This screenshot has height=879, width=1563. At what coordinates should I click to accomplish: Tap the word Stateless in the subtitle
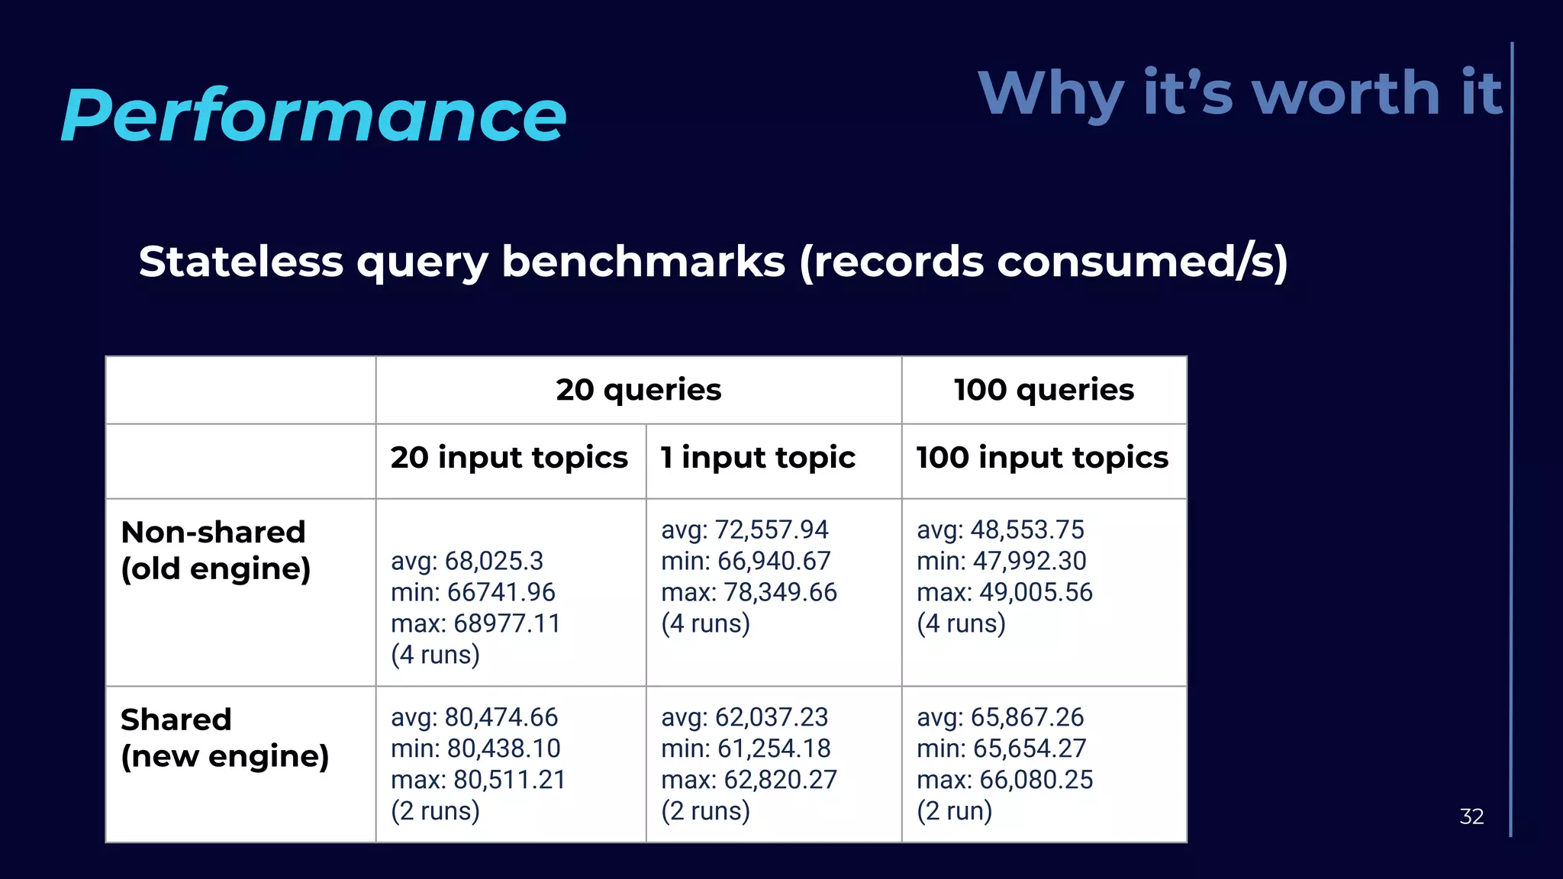tap(240, 262)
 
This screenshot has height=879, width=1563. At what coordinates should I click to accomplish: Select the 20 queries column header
tap(638, 390)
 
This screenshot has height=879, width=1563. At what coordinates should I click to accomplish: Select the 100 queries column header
tap(1043, 390)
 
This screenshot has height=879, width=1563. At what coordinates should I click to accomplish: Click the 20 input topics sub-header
tap(509, 458)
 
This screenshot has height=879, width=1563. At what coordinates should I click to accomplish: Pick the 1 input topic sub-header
tap(758, 458)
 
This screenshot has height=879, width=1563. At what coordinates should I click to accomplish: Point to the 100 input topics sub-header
tap(1042, 458)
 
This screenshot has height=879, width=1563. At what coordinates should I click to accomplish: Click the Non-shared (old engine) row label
tap(215, 550)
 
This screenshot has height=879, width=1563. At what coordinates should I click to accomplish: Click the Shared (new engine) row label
tap(224, 737)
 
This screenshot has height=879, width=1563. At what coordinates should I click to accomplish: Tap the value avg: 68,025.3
tap(466, 561)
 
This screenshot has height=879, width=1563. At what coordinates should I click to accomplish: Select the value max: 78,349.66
tap(749, 592)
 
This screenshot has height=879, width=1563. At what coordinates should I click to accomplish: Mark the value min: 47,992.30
tap(1001, 561)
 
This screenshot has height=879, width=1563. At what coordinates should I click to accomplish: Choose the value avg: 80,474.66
tap(474, 717)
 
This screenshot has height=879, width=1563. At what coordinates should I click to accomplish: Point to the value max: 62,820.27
tap(749, 780)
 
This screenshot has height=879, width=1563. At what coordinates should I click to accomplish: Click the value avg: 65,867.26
tap(1000, 717)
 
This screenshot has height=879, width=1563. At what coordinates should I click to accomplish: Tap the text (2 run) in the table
tap(954, 811)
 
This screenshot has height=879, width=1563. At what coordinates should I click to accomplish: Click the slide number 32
tap(1471, 816)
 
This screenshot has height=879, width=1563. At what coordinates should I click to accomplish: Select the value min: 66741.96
tap(472, 592)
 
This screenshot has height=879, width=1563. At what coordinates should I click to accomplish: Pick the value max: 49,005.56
tap(1004, 592)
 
